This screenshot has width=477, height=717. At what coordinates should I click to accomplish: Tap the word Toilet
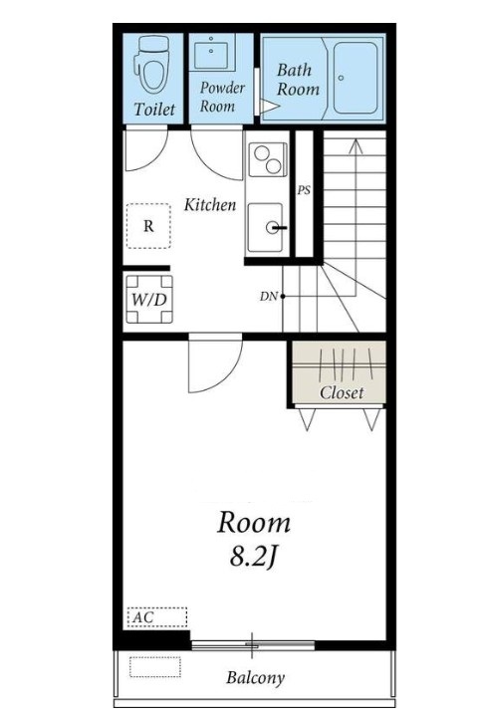click(x=154, y=110)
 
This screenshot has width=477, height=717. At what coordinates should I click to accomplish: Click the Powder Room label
click(x=222, y=97)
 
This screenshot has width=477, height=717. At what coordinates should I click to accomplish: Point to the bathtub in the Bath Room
click(x=356, y=78)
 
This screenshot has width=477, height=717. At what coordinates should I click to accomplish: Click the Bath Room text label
click(x=298, y=80)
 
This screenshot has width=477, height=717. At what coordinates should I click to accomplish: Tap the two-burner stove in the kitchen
click(x=268, y=159)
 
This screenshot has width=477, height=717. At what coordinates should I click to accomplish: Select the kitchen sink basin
click(x=265, y=227)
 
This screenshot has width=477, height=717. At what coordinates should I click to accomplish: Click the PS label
click(x=304, y=190)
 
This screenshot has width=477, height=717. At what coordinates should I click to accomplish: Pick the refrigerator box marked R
click(x=148, y=226)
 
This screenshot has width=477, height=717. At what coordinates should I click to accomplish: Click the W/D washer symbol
click(x=149, y=299)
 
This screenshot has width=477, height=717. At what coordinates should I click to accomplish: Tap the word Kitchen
click(x=210, y=205)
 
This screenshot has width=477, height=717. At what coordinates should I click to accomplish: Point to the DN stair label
click(x=269, y=297)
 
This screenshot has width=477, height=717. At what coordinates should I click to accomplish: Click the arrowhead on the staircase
click(x=356, y=145)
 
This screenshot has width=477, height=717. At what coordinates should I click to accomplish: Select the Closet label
click(x=342, y=392)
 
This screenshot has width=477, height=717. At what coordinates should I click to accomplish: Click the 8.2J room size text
click(x=253, y=557)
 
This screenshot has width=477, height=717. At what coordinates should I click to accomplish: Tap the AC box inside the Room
click(x=157, y=617)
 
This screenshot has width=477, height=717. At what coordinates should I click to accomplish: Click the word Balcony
click(x=255, y=677)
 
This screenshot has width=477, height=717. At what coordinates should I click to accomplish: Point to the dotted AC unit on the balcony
click(x=155, y=666)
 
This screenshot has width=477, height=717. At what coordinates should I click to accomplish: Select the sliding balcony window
click(x=253, y=645)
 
